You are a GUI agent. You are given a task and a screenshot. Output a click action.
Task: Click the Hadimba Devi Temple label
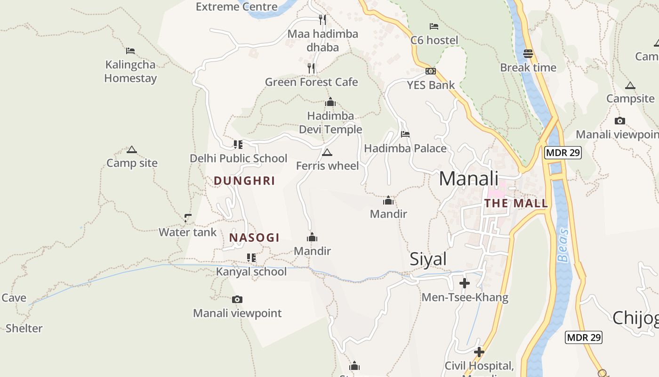(x=330, y=123)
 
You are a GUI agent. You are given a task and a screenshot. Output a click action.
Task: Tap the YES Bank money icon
(x=430, y=71)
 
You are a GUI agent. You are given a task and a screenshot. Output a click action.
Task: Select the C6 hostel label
(x=434, y=40)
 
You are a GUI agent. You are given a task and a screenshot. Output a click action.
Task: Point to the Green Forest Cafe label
(x=311, y=82)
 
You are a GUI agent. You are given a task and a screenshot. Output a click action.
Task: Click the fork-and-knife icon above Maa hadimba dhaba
(x=322, y=19)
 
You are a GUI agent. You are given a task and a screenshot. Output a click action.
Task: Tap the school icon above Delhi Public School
(x=238, y=144)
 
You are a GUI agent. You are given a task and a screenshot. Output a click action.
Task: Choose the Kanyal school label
(x=251, y=271)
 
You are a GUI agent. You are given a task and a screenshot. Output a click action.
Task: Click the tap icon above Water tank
(x=188, y=218)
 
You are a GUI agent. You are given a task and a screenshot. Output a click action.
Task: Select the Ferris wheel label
(x=327, y=166)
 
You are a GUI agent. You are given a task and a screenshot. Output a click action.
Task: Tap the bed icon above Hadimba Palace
(x=405, y=134)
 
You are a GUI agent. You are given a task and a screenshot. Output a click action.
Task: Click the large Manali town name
(x=468, y=179)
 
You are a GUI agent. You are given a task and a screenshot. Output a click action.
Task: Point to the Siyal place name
(x=428, y=259)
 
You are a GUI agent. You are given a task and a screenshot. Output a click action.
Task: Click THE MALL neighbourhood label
(x=516, y=204)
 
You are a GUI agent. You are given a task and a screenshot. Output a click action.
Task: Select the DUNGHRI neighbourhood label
(x=244, y=181)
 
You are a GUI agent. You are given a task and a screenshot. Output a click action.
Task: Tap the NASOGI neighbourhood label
(x=254, y=238)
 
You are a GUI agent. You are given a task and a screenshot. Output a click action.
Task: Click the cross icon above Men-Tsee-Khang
(x=465, y=283)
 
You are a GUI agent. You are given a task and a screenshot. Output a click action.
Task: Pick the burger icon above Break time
(x=528, y=54)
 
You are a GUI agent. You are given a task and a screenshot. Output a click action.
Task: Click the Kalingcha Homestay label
(x=130, y=71)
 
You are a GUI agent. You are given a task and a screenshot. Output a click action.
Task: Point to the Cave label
(x=14, y=298)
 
